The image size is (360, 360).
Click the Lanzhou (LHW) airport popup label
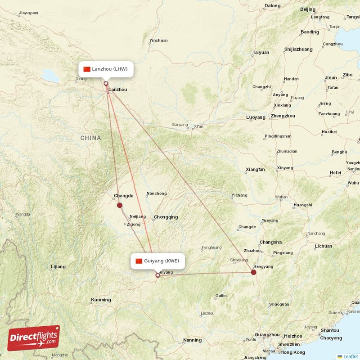(106, 69)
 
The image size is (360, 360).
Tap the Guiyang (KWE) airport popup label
(158, 261)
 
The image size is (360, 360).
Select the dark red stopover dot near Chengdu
(120, 205)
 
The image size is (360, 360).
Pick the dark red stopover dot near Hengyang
(254, 272)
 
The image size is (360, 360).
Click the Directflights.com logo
(33, 338)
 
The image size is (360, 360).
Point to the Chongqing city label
(166, 217)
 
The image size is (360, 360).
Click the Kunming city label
(101, 300)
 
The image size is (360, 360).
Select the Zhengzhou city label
(283, 116)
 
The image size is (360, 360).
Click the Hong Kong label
(292, 352)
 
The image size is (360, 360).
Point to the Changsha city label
(270, 242)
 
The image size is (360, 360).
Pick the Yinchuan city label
(158, 40)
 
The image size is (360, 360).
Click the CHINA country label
(91, 138)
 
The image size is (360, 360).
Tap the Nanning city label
(192, 340)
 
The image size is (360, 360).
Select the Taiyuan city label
(261, 52)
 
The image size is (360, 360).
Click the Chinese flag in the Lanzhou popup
(87, 69)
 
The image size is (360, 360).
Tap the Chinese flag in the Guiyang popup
(139, 261)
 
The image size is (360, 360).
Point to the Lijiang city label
(58, 267)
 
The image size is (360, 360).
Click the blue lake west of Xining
(51, 77)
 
